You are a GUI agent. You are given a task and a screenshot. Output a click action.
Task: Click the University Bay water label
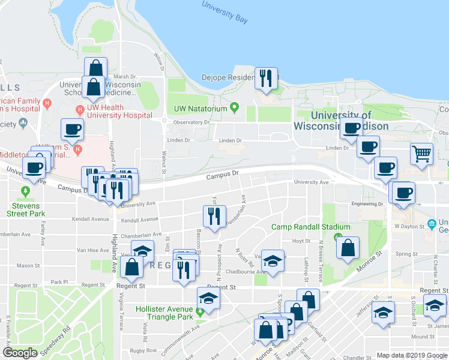[224, 13]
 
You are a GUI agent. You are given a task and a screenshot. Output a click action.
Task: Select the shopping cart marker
[422, 154]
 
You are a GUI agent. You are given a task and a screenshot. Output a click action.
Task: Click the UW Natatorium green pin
[234, 108]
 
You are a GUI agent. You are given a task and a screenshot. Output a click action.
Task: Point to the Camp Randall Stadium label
[303, 227]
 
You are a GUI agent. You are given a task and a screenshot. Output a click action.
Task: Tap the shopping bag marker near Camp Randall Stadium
[348, 248]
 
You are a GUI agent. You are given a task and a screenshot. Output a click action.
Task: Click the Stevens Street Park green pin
[25, 192]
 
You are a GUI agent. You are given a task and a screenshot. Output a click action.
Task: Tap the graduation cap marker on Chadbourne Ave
[273, 261]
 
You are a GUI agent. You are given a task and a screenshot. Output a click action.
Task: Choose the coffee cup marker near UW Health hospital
[72, 129]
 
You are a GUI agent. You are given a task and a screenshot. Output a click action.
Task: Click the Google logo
[20, 353]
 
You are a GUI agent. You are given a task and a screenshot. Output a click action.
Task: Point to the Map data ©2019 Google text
[411, 355]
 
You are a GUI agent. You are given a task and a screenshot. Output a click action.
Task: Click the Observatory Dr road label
[191, 122]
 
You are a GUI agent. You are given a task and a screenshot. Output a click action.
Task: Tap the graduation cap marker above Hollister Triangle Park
[209, 298]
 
